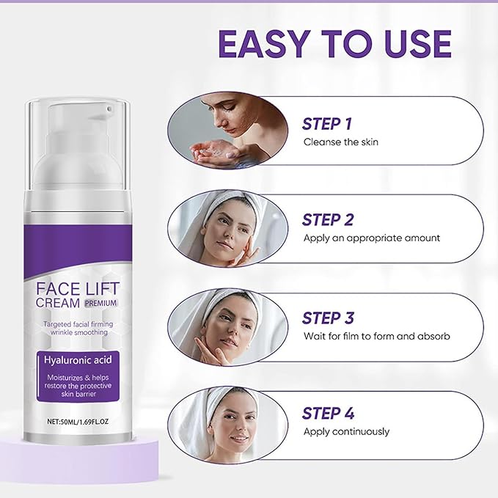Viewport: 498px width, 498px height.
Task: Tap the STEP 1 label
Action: pyautogui.click(x=327, y=123)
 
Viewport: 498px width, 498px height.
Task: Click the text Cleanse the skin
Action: pyautogui.click(x=340, y=142)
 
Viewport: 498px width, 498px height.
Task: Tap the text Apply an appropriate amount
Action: pyautogui.click(x=371, y=238)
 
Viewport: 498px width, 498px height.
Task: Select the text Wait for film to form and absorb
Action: pyautogui.click(x=376, y=336)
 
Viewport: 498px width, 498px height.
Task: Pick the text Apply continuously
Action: pyautogui.click(x=346, y=431)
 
